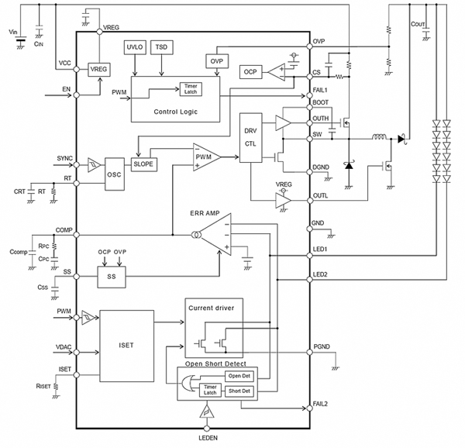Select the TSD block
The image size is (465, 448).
163,48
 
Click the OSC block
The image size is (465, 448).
115,175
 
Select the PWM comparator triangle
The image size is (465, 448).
205,157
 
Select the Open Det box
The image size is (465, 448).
236,376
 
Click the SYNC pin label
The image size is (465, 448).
65,158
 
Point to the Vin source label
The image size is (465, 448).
12,32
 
